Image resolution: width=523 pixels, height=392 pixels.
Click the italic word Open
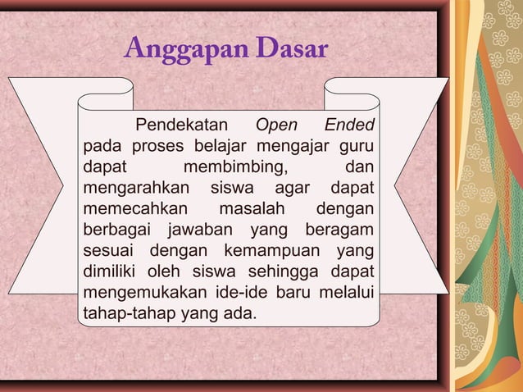277,126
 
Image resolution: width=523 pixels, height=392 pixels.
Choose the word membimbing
235,168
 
